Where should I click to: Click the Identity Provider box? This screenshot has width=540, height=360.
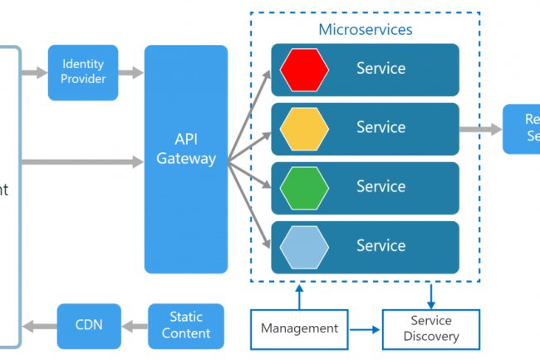coord(83,72)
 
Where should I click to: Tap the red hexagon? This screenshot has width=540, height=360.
coord(304,69)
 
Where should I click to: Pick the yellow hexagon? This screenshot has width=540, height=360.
coord(304,128)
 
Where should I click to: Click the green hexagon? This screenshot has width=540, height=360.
coord(304,187)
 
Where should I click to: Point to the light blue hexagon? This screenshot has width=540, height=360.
coord(304,246)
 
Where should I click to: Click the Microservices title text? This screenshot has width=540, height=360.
coord(366,29)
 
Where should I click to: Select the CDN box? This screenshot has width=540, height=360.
coord(89,325)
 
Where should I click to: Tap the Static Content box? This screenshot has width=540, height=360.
coord(186,325)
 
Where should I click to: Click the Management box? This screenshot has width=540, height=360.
coord(299,328)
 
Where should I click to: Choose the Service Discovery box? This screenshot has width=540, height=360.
coord(430,328)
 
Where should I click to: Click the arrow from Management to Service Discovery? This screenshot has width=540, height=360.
coord(364,329)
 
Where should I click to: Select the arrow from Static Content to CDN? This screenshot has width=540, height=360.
coord(135,325)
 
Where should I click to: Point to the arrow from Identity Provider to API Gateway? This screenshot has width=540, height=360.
coord(131,73)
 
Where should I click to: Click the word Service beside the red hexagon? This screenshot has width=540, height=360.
coord(380,68)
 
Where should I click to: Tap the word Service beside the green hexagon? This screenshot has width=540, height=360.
coord(380,187)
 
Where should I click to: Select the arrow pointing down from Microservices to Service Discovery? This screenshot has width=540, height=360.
coord(430,296)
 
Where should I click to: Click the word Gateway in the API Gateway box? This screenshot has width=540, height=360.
coord(186,159)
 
